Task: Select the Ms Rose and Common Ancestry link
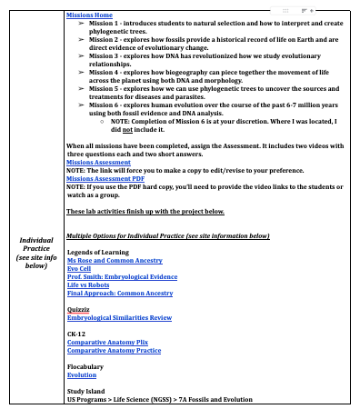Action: tap(115, 259)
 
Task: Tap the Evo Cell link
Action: tap(80, 267)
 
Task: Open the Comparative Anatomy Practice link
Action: tap(114, 350)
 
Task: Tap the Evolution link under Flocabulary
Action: tap(82, 374)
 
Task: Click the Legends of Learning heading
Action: tap(98, 251)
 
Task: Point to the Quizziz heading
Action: tap(79, 309)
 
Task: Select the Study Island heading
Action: tap(86, 392)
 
